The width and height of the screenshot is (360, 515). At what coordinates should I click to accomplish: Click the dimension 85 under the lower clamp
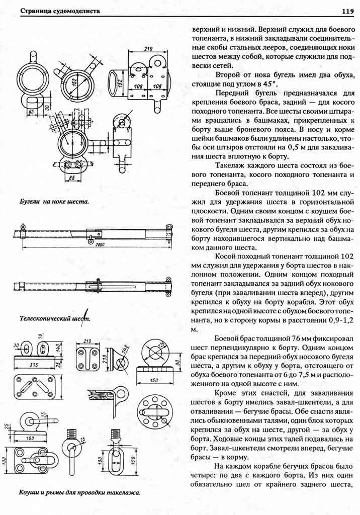coord(72,178)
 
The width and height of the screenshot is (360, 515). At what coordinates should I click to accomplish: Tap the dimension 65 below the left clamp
coord(31,112)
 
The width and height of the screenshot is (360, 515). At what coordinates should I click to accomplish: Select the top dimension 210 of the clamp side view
coord(147,49)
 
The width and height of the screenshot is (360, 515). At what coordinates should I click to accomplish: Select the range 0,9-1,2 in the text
coord(338,319)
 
